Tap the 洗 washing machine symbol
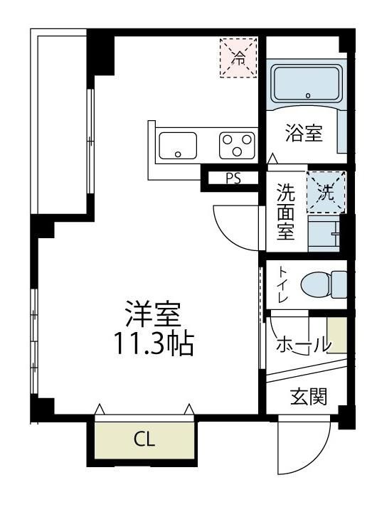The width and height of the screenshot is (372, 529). point(326,191)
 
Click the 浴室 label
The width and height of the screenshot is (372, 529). point(304,133)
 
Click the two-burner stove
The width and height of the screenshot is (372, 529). point(236,146)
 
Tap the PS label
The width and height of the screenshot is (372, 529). point(233,178)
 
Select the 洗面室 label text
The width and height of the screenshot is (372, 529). point(285,211)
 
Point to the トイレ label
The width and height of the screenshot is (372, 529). point(282,284)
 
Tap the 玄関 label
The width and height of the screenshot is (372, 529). point(309,396)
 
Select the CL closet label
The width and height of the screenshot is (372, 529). point(144,439)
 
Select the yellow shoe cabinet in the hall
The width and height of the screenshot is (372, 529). point(337,335)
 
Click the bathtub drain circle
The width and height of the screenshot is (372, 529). point(307,95)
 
